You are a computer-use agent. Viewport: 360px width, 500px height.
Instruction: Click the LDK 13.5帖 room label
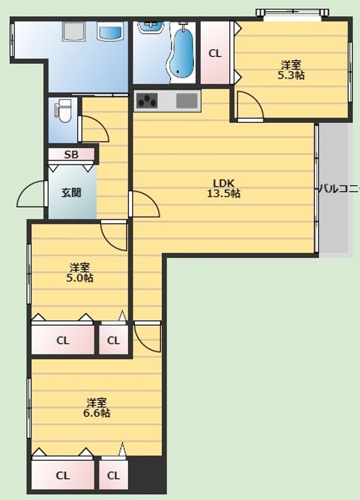pos(223,188)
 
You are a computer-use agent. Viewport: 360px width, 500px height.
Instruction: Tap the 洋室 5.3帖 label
pos(291,70)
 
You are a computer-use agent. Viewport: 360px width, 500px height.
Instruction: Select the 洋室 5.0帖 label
pos(79,272)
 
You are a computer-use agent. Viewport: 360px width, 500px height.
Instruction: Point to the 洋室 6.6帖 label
pos(97,408)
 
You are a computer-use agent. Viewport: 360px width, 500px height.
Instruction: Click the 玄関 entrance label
pos(71,192)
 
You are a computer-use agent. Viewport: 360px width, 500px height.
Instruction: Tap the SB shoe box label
pos(71,155)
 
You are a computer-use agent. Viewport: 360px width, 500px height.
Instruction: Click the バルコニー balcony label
pos(339,189)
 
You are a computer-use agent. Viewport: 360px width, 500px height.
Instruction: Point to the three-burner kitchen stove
pos(147,101)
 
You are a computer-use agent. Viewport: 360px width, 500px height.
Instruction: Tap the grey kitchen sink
pos(187,101)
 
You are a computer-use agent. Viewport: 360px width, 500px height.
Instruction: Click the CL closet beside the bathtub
pos(215,53)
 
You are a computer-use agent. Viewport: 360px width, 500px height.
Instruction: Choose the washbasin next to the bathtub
pos(152,27)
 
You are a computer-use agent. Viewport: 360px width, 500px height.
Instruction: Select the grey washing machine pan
pos(74,31)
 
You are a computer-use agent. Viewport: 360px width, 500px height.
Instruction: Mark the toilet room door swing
pos(94,129)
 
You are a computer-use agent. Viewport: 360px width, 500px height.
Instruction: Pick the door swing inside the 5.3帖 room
pos(250,106)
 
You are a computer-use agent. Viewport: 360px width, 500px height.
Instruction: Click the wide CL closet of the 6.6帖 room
pos(63,475)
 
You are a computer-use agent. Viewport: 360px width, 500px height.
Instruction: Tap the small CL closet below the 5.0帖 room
pos(113,340)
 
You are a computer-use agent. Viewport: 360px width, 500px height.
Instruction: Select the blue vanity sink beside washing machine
pos(110,32)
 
